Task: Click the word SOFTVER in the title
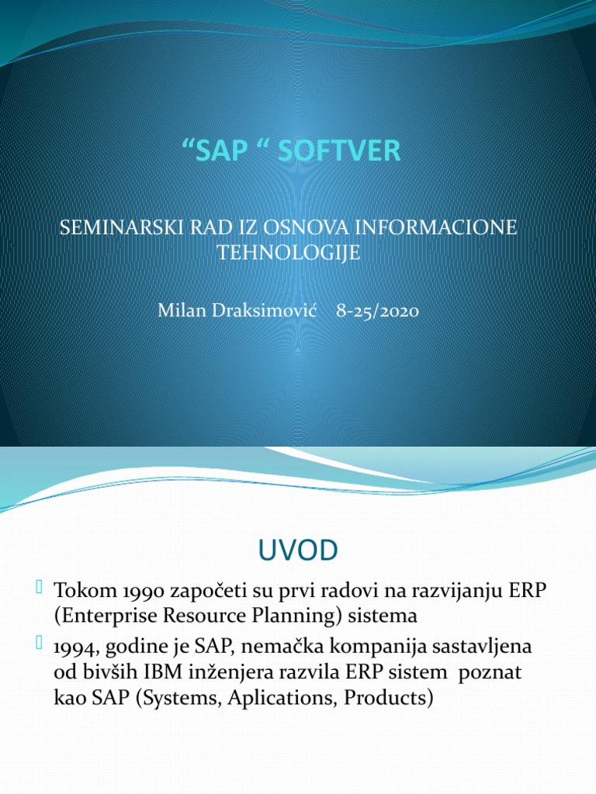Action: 348,151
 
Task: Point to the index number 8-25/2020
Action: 378,312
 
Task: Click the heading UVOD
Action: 298,551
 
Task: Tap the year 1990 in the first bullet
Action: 117,590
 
